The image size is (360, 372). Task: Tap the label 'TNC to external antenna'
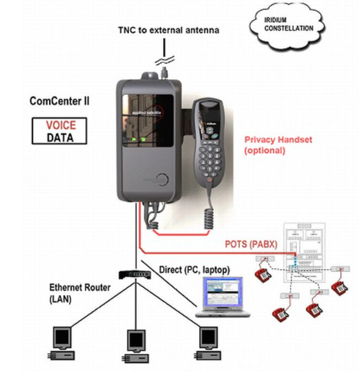click(168, 30)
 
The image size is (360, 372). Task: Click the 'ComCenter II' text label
click(60, 101)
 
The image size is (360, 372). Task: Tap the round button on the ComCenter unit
click(161, 179)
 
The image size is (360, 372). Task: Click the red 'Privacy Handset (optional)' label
click(278, 144)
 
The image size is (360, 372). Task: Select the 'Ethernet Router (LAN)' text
click(80, 292)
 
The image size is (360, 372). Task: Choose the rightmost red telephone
click(339, 288)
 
